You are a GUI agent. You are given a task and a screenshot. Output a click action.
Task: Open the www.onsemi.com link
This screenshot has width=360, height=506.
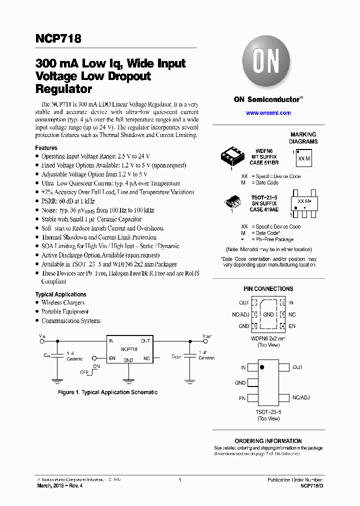(268, 113)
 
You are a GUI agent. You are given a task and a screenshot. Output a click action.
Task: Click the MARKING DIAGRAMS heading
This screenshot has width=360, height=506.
(303, 138)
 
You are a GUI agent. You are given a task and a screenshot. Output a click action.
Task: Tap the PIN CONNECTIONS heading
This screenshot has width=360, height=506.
(268, 289)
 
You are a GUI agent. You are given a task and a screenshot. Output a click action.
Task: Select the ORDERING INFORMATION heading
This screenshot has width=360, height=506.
(268, 441)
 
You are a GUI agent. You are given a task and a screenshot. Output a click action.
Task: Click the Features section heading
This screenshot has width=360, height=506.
(46, 148)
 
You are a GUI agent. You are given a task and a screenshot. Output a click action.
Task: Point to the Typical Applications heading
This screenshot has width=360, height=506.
(60, 294)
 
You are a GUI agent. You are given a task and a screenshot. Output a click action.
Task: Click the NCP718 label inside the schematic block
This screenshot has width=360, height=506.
(129, 349)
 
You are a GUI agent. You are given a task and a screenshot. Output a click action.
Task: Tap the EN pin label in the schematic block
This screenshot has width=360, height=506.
(112, 358)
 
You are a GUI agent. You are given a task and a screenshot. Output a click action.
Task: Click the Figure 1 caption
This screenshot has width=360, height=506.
(107, 392)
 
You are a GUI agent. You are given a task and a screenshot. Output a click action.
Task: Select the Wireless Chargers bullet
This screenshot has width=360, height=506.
(63, 302)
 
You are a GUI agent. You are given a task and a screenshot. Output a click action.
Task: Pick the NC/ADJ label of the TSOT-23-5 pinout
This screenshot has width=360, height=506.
(300, 398)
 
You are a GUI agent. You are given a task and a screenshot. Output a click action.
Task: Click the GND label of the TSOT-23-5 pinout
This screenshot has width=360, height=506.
(240, 383)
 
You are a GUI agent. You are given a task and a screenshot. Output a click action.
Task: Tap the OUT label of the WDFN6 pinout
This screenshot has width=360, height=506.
(244, 303)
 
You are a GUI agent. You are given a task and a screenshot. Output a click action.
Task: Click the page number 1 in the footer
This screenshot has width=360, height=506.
(179, 480)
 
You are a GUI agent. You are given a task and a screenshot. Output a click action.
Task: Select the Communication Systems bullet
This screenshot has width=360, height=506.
(71, 320)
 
